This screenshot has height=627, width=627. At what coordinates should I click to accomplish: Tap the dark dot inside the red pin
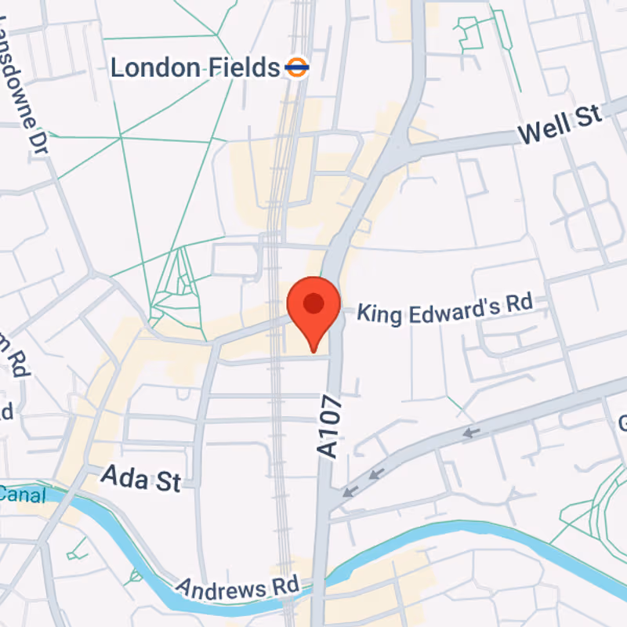[x=313, y=303]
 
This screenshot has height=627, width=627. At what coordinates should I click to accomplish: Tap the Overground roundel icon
[x=297, y=67]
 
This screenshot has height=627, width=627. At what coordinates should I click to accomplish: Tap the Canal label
[x=22, y=494]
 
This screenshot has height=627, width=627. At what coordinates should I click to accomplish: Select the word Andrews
[x=223, y=587]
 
